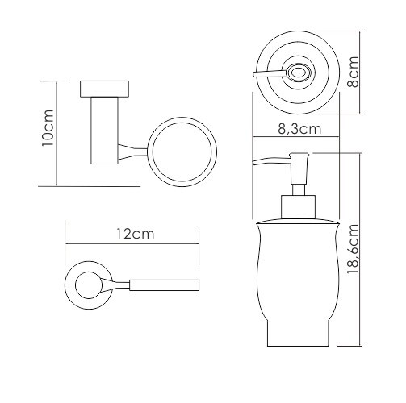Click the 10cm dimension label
click(x=48, y=128)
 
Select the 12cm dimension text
click(x=136, y=234)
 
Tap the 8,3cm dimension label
click(x=299, y=129)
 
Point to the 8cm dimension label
click(x=353, y=72)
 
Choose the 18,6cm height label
click(x=353, y=249)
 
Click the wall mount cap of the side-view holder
click(x=104, y=88)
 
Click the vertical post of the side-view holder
click(x=104, y=131)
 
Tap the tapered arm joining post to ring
click(x=132, y=152)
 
